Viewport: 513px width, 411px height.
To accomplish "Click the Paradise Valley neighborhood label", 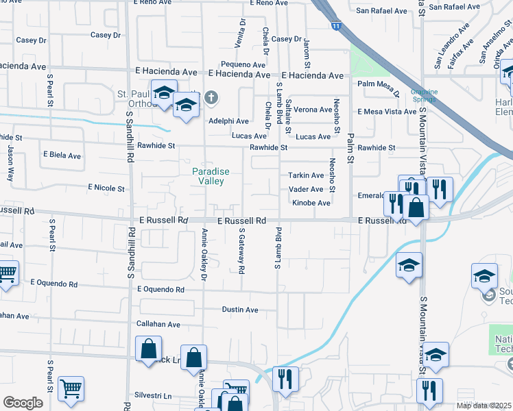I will pos(211,176).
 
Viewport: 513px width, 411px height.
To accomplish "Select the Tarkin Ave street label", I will pos(306,175).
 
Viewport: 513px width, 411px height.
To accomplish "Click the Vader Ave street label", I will pos(306,189).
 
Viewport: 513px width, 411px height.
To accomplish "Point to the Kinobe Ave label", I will pos(311,203).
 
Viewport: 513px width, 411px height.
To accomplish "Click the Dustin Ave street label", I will pos(240,310).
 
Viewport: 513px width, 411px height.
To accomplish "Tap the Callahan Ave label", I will pos(158,324).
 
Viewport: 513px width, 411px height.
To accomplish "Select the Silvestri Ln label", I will pos(153,395).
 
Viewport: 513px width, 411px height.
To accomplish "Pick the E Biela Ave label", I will pos(61,155).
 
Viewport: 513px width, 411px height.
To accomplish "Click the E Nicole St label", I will pos(106,187).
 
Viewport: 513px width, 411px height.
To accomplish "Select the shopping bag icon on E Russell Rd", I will pos(416,206).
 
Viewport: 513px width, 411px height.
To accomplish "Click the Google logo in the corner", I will pos(23,403).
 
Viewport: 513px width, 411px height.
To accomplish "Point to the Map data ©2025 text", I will pos(484,406).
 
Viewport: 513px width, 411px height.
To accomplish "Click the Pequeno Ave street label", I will pos(248,64).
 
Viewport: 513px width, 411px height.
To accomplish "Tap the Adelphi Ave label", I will pos(228,121).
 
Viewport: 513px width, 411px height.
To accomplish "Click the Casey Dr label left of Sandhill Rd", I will pos(105,35).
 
